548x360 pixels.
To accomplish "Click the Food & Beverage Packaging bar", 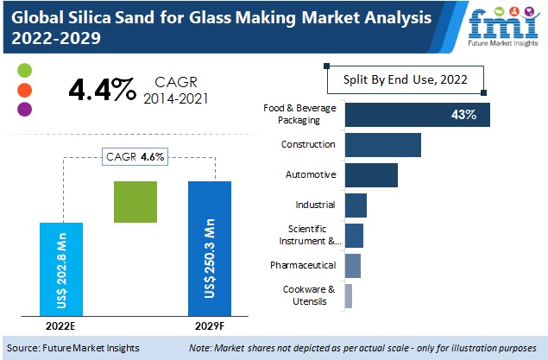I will coord(417,115).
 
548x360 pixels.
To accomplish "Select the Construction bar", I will coord(382,145).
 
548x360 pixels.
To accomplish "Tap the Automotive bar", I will coord(371,174).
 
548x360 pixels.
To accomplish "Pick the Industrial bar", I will coord(356,205).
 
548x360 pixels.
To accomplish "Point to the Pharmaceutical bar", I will coord(352,265).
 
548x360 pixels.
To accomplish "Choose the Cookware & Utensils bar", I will coord(349,295).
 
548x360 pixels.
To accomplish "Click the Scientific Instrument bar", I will coord(354,235).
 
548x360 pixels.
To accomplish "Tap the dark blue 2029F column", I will coord(210,249).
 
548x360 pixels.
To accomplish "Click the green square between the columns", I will coord(136,202).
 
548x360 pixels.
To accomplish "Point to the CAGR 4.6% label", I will coord(135,156).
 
